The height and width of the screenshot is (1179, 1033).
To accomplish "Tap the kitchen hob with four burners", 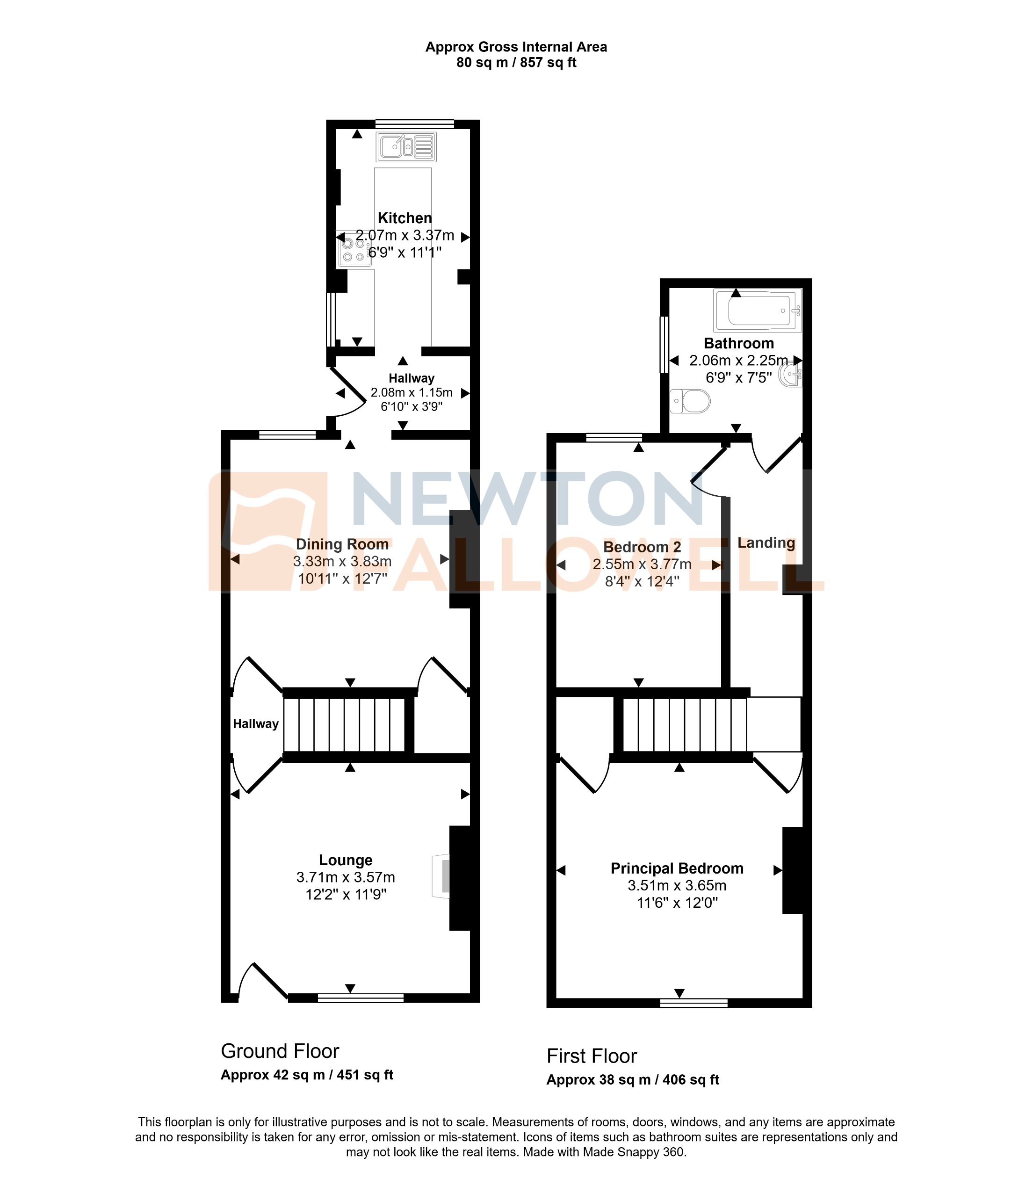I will click(354, 250).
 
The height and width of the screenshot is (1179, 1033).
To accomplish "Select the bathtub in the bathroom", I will click(758, 311).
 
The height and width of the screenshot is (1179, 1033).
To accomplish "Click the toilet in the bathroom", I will click(691, 401).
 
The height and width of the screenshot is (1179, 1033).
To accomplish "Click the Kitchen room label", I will click(405, 218).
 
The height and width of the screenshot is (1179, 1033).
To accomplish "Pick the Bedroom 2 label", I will click(642, 547).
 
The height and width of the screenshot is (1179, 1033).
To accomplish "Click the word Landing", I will click(766, 542).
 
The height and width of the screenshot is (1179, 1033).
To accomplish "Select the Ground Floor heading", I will click(280, 1051).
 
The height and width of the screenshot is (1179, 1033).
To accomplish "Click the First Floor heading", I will click(592, 1056).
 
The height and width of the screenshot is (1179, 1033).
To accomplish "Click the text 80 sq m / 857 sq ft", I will click(516, 63).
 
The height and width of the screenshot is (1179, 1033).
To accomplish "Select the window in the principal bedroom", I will click(693, 1003).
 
